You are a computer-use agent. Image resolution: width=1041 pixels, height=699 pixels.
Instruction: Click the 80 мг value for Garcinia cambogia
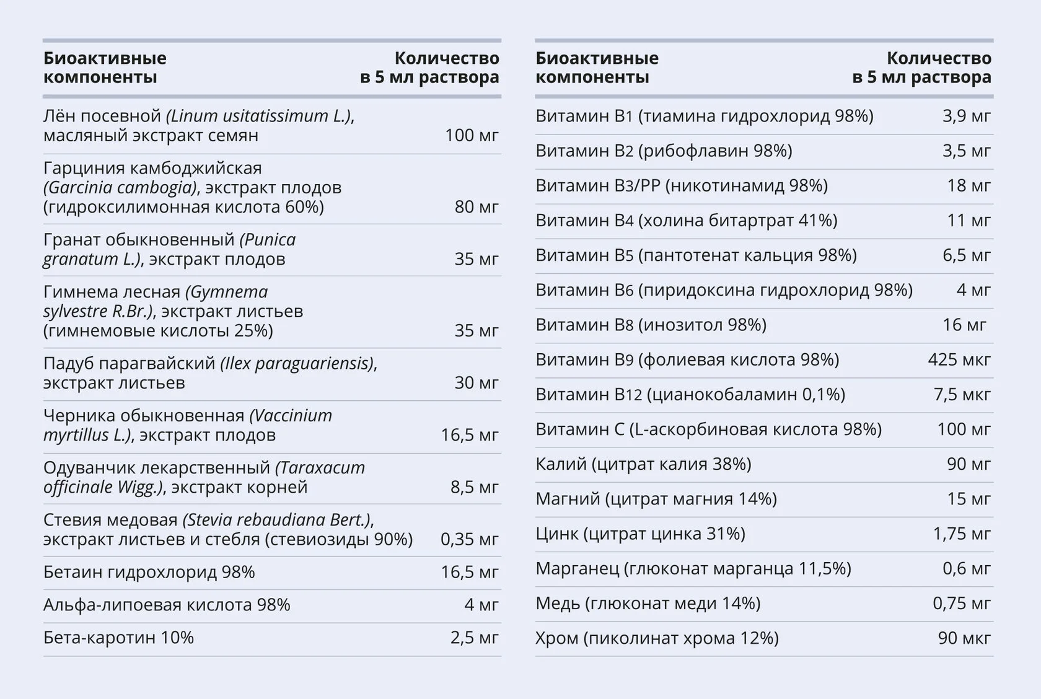477,207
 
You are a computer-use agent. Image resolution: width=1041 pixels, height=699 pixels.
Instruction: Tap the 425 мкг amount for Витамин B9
959,359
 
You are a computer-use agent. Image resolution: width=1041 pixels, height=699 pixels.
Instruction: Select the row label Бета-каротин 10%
118,638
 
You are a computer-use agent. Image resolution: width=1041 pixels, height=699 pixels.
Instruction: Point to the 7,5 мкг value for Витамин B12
962,395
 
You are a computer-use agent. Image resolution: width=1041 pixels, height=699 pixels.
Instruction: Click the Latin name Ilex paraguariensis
297,364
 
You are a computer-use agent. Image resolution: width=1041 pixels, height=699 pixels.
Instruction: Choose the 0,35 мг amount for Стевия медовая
470,540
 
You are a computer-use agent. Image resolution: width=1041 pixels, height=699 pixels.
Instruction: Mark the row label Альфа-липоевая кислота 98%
167,605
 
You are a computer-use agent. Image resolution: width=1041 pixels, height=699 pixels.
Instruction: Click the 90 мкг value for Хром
964,638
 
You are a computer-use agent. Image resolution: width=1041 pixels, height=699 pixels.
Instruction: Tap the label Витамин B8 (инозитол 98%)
651,325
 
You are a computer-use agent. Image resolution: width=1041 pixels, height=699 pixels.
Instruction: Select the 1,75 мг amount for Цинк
962,534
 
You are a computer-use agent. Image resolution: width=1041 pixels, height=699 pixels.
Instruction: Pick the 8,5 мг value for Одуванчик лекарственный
474,487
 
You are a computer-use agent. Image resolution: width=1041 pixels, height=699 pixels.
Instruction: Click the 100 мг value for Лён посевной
472,135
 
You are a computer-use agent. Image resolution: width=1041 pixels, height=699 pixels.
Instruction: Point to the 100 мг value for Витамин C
964,429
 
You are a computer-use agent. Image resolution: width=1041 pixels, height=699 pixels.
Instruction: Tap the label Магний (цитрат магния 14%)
656,499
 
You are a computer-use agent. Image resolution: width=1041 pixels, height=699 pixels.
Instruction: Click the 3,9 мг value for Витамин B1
967,116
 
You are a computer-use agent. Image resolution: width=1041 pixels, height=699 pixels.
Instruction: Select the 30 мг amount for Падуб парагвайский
477,383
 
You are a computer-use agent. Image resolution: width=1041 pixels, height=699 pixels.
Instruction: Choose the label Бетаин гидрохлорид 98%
149,572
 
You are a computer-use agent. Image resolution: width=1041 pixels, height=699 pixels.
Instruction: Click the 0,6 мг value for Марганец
967,568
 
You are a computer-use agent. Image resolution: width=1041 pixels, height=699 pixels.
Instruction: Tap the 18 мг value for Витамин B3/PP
969,186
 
